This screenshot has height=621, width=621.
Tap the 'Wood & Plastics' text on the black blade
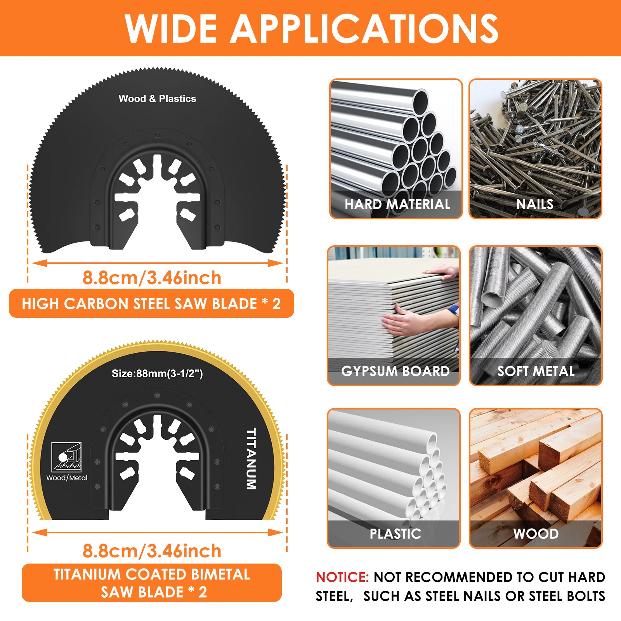(x=157, y=99)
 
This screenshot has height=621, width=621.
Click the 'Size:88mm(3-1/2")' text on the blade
(x=157, y=373)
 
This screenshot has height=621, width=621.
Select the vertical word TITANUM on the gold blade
(x=251, y=458)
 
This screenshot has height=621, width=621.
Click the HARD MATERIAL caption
(x=397, y=204)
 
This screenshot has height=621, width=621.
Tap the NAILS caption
(x=535, y=204)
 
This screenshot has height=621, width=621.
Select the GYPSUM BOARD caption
(x=395, y=371)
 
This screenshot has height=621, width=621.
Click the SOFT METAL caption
(x=536, y=371)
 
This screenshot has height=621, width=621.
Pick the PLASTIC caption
(x=395, y=534)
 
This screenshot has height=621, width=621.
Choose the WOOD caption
(x=536, y=534)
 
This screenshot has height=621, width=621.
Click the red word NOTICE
(x=342, y=577)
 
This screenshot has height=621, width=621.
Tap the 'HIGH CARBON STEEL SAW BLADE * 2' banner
(x=151, y=304)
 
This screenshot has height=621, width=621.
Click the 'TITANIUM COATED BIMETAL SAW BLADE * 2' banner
(x=151, y=583)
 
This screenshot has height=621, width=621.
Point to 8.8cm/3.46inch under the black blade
(x=152, y=278)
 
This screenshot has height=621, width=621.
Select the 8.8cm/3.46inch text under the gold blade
(x=152, y=551)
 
